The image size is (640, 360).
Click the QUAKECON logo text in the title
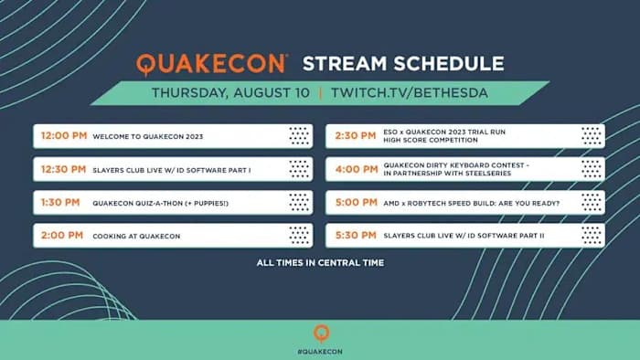tap(212, 64)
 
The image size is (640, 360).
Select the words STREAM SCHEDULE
tap(402, 64)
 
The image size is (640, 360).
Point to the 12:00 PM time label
tap(63, 136)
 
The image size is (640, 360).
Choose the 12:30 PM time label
tap(63, 169)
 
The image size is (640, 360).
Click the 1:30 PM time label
tap(61, 202)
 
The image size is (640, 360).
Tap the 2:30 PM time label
tap(355, 136)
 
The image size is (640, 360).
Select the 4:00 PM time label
tap(355, 169)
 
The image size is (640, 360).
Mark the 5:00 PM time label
tap(355, 202)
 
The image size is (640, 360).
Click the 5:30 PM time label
tap(355, 235)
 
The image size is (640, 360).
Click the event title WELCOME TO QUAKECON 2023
tap(148, 137)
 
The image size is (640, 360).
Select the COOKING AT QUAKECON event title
tap(136, 236)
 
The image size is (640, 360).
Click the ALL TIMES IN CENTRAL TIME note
tap(320, 263)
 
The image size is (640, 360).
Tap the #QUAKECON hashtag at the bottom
tap(320, 351)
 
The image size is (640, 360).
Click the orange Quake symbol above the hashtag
tap(320, 333)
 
